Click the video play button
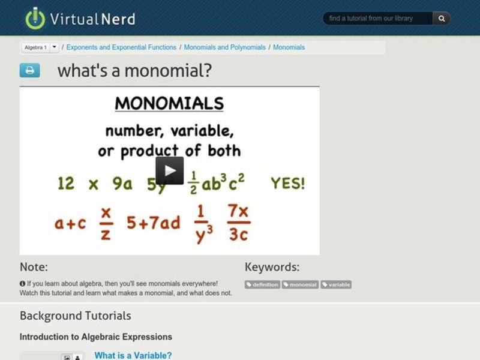[x=170, y=170]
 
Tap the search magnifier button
[x=442, y=19]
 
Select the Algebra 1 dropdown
[x=40, y=47]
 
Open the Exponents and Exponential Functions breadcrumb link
[x=121, y=47]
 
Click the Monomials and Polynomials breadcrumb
[x=224, y=47]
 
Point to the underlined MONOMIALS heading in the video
[x=169, y=103]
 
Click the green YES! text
[x=287, y=183]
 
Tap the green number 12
[x=66, y=184]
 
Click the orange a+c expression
[x=70, y=223]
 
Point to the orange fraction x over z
[x=106, y=223]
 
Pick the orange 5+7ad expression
[x=153, y=223]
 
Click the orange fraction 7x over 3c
[x=238, y=223]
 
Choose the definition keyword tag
[x=262, y=284]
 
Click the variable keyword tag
[x=336, y=284]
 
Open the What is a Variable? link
[x=133, y=355]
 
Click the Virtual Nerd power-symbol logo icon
[x=35, y=18]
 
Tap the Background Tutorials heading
[x=75, y=316]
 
